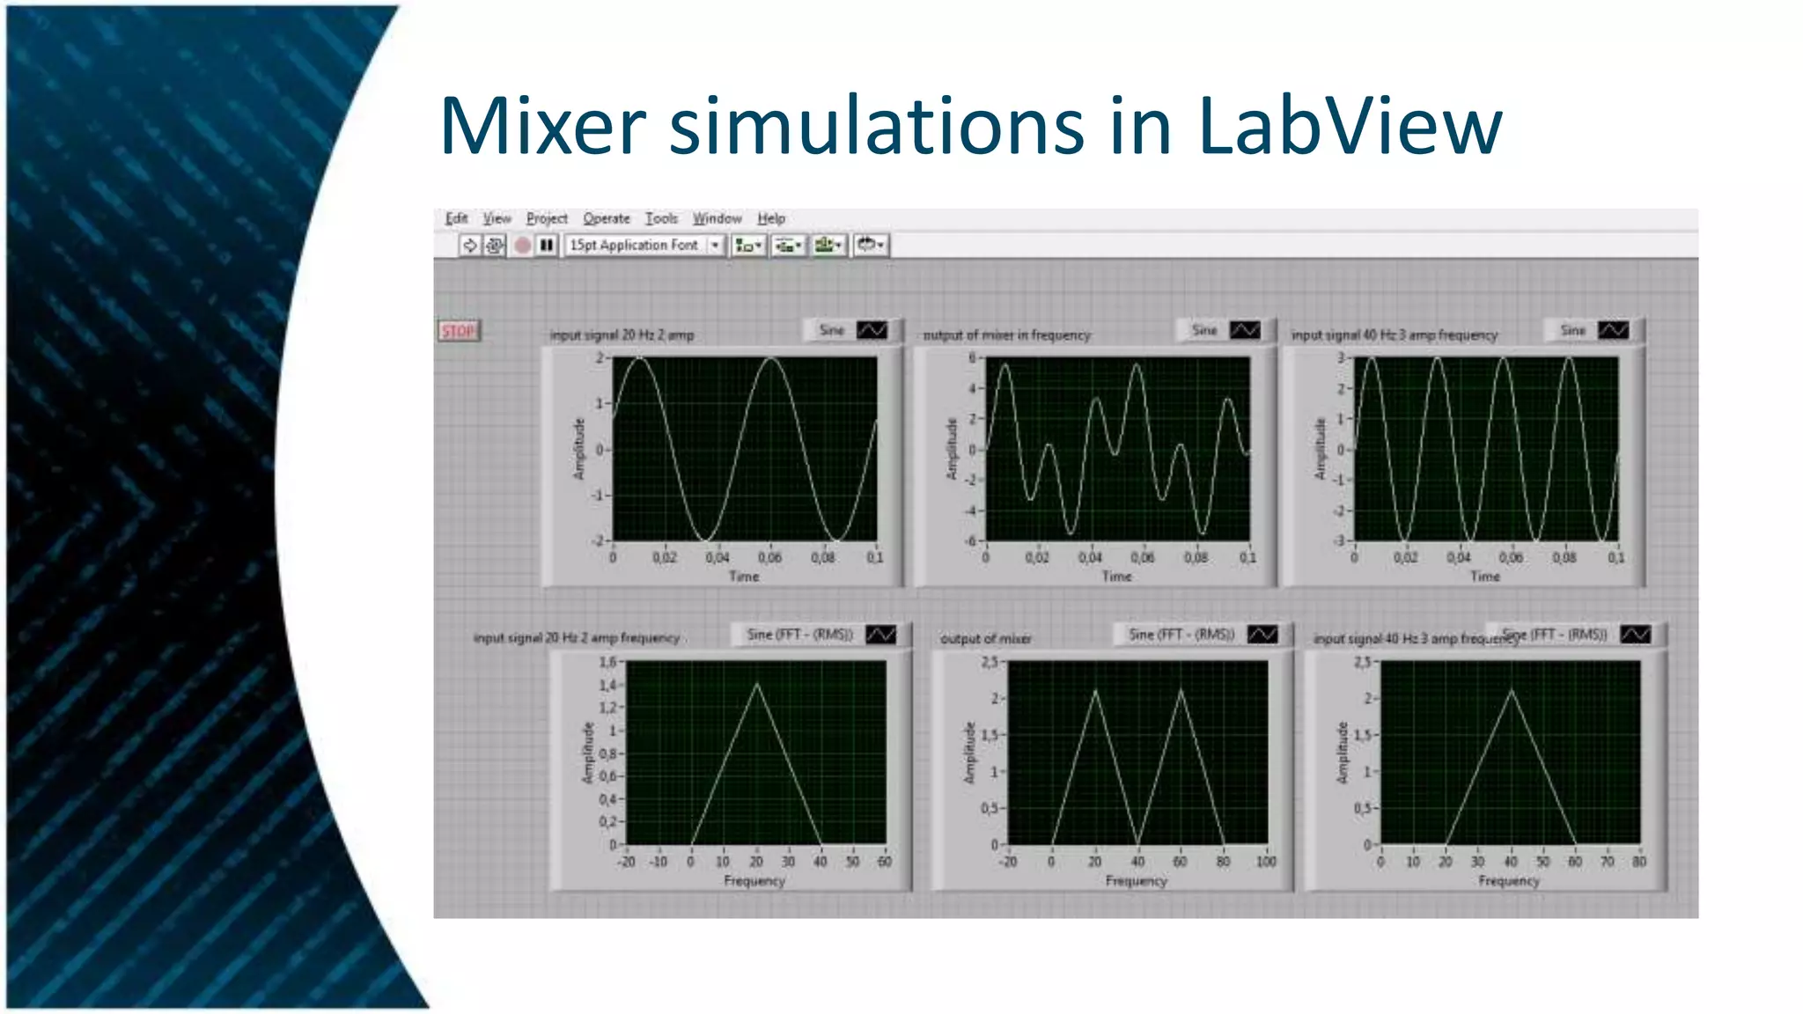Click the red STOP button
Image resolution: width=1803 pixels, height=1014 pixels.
(458, 331)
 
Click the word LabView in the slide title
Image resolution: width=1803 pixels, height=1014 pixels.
(1349, 126)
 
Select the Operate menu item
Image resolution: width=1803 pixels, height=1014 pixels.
(606, 218)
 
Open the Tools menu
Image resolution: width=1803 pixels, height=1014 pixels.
(661, 218)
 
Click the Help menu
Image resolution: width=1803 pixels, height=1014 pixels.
(771, 218)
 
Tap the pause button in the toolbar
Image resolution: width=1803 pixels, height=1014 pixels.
(547, 245)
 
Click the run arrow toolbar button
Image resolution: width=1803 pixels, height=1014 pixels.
(469, 245)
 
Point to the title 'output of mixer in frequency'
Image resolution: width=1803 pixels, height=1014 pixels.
(1006, 335)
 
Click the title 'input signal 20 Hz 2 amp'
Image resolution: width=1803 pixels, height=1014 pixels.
(622, 335)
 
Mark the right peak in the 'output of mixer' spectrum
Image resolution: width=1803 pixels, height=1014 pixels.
(1181, 691)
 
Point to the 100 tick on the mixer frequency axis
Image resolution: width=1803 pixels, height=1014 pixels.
(1266, 862)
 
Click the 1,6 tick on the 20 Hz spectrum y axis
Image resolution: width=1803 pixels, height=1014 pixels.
(607, 662)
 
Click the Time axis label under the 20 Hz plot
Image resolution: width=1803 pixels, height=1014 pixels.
(743, 577)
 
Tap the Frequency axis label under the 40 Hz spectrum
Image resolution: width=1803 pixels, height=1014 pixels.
(1508, 881)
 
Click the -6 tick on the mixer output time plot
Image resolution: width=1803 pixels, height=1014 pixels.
(972, 540)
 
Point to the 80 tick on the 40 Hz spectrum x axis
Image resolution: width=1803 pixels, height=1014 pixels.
(1639, 862)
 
